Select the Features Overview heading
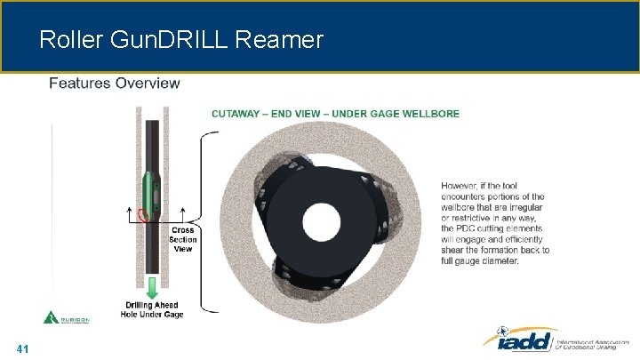114,84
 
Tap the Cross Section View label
182,239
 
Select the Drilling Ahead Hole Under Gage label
155,309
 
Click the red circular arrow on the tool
141,212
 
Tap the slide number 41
23,349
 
